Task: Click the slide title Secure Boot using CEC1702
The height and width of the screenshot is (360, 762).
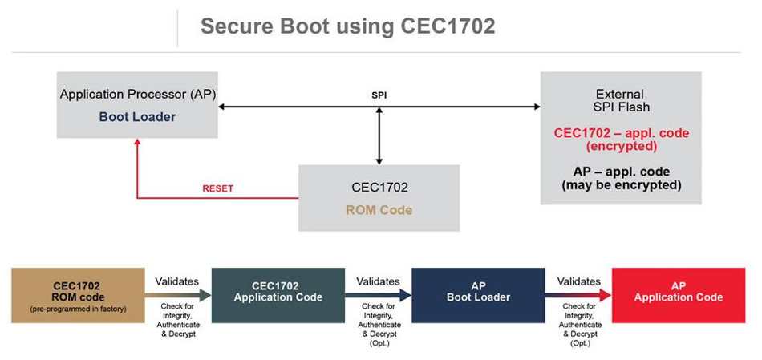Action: (x=347, y=26)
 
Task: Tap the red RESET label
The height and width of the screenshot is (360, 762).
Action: (x=217, y=188)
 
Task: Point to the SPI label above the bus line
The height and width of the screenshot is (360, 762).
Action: (x=379, y=95)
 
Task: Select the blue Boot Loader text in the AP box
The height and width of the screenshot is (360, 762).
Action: (x=137, y=117)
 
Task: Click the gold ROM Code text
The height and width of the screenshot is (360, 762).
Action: (x=379, y=210)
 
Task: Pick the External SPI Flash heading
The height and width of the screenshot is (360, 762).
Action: (x=621, y=100)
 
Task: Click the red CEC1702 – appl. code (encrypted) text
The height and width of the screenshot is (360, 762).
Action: (x=622, y=140)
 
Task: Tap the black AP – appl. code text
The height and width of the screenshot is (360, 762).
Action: (x=622, y=172)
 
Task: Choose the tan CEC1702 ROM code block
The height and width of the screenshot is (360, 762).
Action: (x=78, y=295)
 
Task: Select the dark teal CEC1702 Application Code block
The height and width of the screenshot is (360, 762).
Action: (x=278, y=295)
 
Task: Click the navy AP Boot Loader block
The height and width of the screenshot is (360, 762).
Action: (x=478, y=295)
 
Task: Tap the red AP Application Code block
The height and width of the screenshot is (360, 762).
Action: (x=679, y=295)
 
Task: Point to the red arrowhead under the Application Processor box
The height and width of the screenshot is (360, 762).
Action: (x=137, y=142)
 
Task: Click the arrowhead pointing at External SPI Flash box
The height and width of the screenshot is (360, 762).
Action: (x=537, y=107)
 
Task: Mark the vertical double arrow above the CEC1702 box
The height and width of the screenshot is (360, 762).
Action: (x=379, y=136)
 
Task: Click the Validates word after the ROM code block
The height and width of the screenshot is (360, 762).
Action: (x=177, y=281)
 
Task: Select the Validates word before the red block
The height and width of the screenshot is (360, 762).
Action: (x=579, y=281)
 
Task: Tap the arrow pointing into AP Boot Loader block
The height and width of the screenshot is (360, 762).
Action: (x=378, y=295)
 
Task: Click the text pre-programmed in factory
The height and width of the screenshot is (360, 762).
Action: (x=78, y=309)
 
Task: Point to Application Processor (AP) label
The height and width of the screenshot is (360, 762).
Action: (x=137, y=95)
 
